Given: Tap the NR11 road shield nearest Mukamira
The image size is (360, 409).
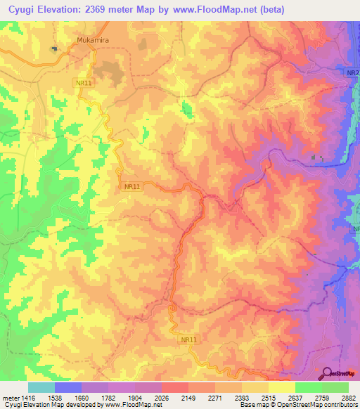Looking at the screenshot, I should click(84, 83).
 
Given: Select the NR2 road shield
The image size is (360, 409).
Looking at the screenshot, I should click(352, 73).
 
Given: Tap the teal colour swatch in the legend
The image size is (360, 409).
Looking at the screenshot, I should click(41, 387).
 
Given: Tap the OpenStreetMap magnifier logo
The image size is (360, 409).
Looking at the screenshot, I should click(328, 373).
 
